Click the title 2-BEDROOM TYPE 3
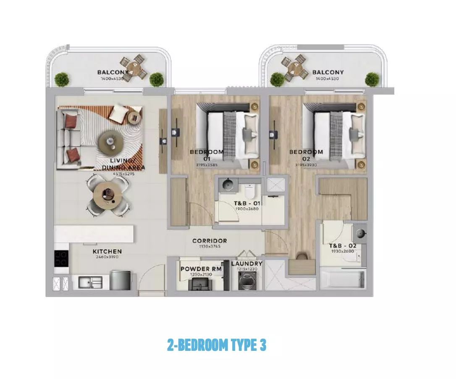pyautogui.click(x=216, y=345)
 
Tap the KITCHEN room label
pyautogui.click(x=107, y=251)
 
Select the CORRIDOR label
pyautogui.click(x=210, y=241)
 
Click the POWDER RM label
pyautogui.click(x=201, y=269)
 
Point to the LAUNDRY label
pyautogui.click(x=247, y=264)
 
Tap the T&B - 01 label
pyautogui.click(x=247, y=203)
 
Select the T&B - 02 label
pyautogui.click(x=342, y=245)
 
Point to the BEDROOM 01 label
pyautogui.click(x=206, y=155)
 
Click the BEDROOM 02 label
pyautogui.click(x=306, y=155)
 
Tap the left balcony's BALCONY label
pyautogui.click(x=112, y=72)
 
